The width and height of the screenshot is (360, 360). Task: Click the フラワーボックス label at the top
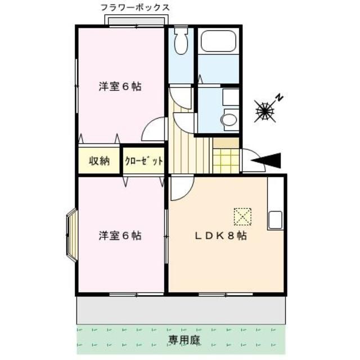pos(134,7)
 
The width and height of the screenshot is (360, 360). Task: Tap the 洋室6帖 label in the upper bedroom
pos(120,87)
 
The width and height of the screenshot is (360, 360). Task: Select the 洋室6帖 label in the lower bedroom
pos(120,236)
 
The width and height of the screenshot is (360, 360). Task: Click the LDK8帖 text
pos(220,236)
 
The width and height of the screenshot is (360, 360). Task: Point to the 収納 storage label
pos(99,161)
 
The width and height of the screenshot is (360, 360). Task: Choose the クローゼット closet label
pos(143,161)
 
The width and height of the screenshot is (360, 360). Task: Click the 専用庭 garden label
pos(181,340)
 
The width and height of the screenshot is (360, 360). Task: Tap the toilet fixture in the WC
pos(181,43)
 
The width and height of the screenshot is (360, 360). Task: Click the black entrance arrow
pos(268,161)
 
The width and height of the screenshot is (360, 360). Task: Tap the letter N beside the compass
pos(279,98)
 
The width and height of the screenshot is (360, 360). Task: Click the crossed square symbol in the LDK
pos(242,216)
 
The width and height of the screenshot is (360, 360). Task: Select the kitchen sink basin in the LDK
pos(275,219)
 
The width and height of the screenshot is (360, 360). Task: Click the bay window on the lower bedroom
pos(71,235)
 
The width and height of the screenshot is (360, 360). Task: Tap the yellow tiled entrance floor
pos(226,161)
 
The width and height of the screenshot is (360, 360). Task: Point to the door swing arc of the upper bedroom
pos(153,130)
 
